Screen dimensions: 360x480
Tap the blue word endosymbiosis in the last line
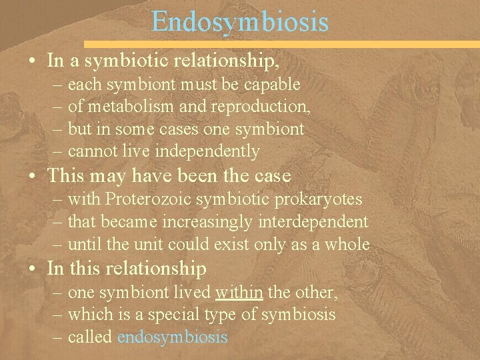click(x=172, y=337)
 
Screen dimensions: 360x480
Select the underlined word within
click(x=240, y=291)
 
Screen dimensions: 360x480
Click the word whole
click(x=347, y=244)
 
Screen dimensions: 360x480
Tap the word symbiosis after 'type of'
click(x=298, y=314)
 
